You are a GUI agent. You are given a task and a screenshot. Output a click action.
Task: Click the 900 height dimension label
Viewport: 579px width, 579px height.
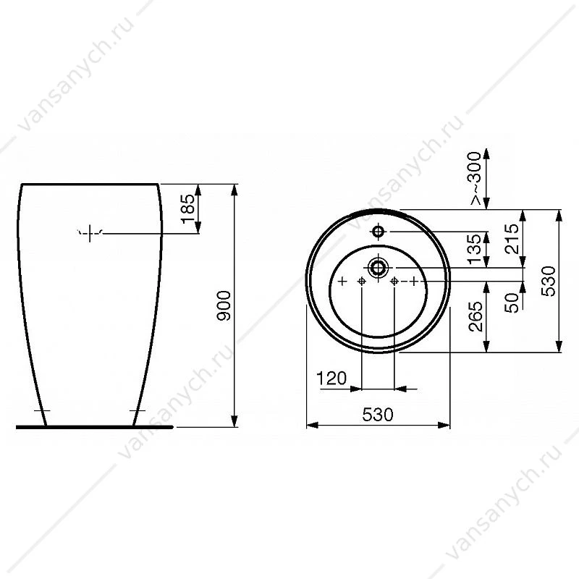[224, 305]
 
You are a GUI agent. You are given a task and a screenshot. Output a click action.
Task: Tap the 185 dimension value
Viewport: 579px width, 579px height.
[188, 209]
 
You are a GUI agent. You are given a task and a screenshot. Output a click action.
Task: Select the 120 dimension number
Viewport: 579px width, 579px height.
[331, 378]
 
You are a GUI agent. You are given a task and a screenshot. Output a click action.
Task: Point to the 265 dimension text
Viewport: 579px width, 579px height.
[476, 316]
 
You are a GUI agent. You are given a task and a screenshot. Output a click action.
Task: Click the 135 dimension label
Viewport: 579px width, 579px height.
[475, 250]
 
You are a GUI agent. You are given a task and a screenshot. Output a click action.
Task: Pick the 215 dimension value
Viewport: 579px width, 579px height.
[512, 239]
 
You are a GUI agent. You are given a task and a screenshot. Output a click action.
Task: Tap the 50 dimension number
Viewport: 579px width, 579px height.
[512, 303]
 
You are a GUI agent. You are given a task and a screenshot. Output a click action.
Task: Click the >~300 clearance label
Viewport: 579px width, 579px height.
[476, 178]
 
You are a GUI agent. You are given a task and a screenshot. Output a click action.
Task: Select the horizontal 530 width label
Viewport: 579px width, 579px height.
[378, 415]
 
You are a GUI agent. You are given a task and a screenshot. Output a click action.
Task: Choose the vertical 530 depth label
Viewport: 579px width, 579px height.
[549, 281]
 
